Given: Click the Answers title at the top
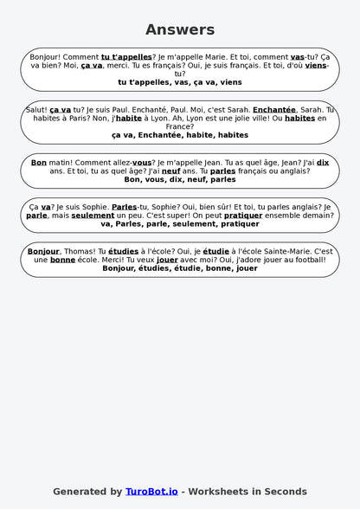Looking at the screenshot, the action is pyautogui.click(x=180, y=29).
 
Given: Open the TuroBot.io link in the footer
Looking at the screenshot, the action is pyautogui.click(x=151, y=491).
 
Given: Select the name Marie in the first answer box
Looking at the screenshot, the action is pyautogui.click(x=214, y=56).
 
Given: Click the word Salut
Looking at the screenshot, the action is pyautogui.click(x=36, y=110).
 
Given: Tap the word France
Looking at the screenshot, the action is pyautogui.click(x=180, y=126).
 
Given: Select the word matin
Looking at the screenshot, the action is pyautogui.click(x=61, y=162).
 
